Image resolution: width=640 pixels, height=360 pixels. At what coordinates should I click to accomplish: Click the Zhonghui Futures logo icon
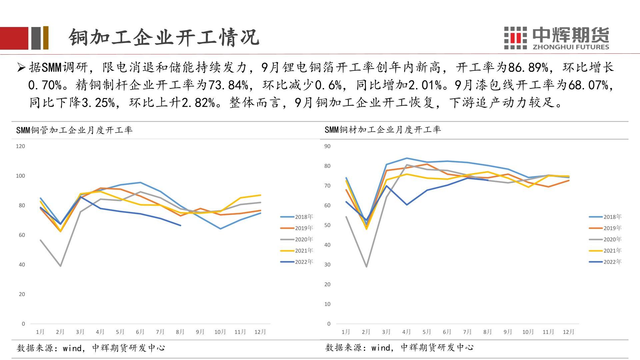point(515,38)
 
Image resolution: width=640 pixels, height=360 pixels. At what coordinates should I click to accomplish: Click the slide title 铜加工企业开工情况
point(164,37)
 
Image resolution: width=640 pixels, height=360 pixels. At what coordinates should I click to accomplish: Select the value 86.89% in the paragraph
point(528,68)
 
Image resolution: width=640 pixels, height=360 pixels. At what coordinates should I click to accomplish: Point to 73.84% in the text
point(229,85)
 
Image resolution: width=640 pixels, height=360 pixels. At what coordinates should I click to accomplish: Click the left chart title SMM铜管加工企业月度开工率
point(74,130)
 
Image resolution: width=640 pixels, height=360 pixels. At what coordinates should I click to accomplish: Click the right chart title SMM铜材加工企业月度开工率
point(383,130)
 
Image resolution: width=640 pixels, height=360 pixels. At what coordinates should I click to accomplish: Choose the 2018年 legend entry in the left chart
point(297,217)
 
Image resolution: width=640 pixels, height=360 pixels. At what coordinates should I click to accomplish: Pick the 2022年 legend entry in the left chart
point(297,262)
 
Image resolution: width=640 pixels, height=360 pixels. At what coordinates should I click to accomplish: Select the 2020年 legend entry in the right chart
point(605,239)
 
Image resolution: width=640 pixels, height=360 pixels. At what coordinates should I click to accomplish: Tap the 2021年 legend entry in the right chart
point(605,251)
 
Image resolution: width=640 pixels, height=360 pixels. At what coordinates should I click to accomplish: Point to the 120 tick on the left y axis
point(20,146)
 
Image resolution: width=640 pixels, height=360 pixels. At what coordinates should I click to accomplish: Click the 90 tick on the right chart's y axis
point(327,146)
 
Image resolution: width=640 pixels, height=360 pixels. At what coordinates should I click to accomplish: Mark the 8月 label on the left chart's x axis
point(180,332)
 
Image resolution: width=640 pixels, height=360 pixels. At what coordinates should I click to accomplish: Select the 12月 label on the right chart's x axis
point(569,332)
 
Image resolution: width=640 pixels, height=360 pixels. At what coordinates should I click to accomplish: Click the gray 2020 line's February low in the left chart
point(60,266)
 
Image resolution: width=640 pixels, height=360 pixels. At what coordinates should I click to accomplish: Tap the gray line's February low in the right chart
point(367,267)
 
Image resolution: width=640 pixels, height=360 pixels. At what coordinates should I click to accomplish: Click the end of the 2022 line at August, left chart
point(180,225)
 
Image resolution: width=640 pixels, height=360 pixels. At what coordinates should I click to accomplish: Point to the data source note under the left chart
point(91,348)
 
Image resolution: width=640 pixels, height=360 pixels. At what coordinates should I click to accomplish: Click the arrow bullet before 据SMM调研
point(21,68)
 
